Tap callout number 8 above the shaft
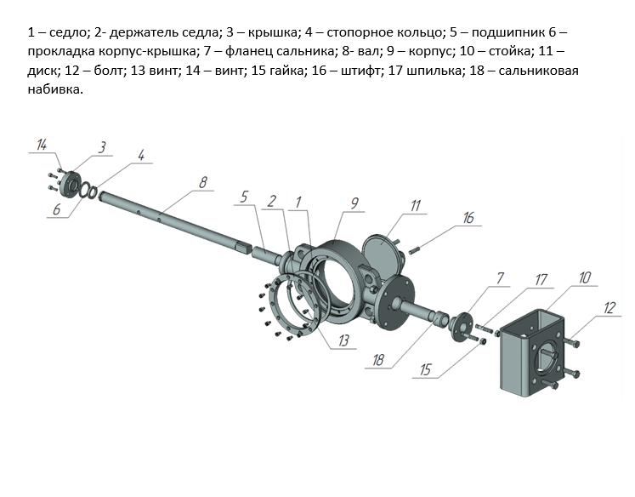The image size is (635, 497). [202, 181]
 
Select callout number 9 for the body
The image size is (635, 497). [355, 203]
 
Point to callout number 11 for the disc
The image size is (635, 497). [416, 205]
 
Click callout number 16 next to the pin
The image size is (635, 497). [468, 219]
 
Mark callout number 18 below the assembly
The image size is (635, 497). [379, 361]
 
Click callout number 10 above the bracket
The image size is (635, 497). [585, 277]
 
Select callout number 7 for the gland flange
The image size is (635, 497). [500, 278]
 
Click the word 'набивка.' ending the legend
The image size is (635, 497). [55, 90]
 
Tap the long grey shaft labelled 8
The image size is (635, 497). [170, 220]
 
